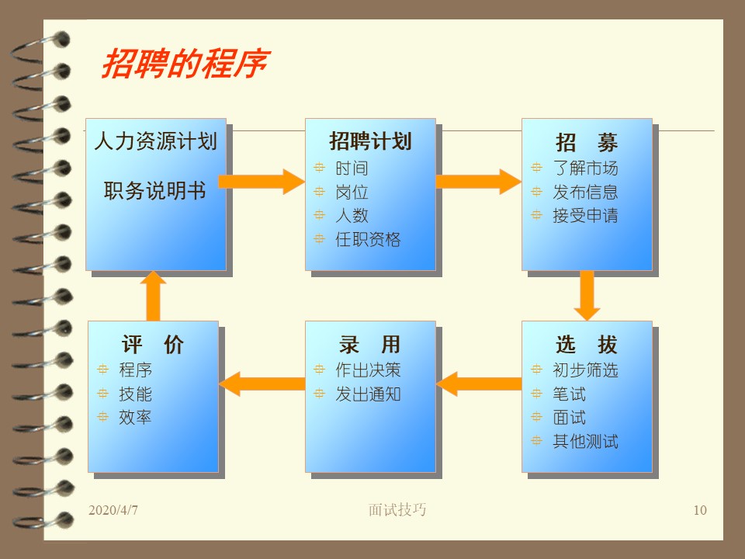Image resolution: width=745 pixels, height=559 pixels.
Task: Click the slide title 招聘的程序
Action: point(185,63)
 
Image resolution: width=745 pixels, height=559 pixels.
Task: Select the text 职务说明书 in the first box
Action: point(155,191)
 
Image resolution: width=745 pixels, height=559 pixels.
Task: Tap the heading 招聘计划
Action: point(370,141)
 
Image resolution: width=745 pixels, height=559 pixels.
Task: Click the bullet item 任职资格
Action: point(368,239)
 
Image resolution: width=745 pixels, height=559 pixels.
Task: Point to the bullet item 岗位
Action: point(352,192)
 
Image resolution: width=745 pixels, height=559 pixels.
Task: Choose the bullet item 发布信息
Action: point(585,192)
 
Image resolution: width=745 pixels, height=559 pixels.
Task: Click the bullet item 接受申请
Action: point(585,216)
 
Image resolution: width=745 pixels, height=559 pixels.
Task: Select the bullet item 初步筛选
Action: point(585,370)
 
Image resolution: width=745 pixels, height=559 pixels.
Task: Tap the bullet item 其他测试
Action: point(585,442)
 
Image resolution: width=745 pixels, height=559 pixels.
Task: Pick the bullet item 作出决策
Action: point(368,370)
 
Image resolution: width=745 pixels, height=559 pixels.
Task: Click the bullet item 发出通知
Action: point(368,394)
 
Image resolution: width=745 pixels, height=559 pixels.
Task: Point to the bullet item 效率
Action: point(135,418)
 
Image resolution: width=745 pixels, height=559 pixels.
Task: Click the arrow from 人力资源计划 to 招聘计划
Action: point(262,182)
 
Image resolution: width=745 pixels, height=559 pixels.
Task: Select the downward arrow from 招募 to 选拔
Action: point(587,296)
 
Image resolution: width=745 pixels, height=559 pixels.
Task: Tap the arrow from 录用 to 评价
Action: point(262,384)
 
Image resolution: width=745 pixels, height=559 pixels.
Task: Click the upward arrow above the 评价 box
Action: point(153,296)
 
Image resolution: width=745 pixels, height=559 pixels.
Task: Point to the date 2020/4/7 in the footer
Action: point(113,510)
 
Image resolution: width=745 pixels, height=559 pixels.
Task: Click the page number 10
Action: point(700,510)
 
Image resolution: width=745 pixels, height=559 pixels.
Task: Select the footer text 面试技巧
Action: point(397,509)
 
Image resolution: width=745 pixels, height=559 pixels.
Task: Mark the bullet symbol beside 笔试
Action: point(536,394)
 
